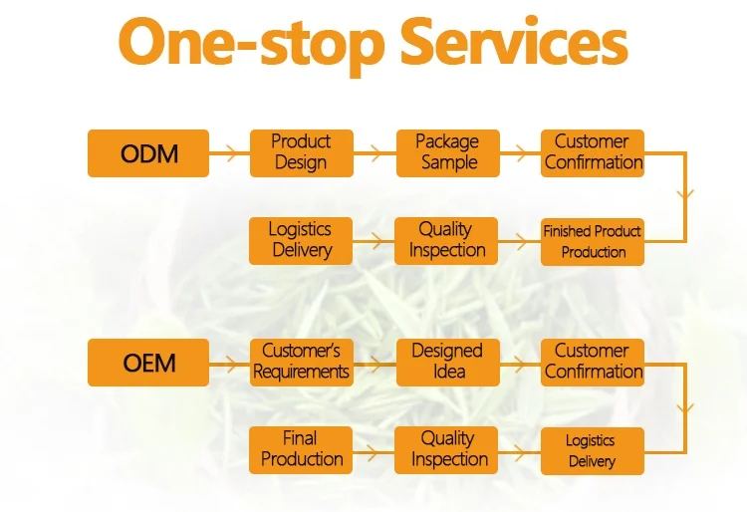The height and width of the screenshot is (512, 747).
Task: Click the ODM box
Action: (x=148, y=153)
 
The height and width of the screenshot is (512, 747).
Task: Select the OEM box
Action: (x=148, y=362)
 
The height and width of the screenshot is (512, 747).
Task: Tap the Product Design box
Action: (x=301, y=153)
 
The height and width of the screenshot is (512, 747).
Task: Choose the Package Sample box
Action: (x=447, y=152)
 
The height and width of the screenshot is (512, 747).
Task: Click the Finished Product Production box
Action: (x=593, y=241)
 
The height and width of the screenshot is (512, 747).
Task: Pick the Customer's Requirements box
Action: (x=301, y=362)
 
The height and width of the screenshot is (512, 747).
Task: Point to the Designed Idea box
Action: (x=447, y=362)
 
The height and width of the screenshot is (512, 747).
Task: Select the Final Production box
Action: (x=301, y=450)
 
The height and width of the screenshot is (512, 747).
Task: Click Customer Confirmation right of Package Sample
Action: (x=593, y=152)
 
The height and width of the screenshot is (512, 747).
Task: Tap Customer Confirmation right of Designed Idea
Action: (x=593, y=362)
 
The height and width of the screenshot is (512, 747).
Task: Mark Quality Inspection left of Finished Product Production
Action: (x=446, y=241)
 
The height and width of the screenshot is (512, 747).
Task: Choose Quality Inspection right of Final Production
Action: (x=447, y=450)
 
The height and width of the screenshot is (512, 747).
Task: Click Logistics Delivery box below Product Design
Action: (x=301, y=241)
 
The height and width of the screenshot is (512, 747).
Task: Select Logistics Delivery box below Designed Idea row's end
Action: (x=592, y=450)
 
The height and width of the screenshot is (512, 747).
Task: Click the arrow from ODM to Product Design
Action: (x=228, y=153)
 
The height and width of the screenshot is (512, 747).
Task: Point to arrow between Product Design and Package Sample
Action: (x=373, y=153)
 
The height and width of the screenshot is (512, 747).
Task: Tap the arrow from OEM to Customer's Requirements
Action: (x=228, y=362)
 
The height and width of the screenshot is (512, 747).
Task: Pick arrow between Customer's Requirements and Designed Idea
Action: (x=373, y=362)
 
